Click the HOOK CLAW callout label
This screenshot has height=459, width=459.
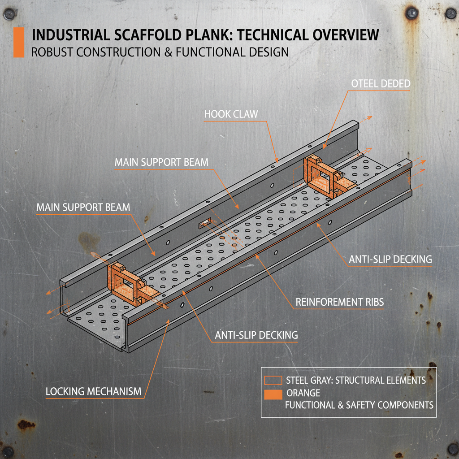tap(231, 114)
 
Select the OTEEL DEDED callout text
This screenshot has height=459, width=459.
tap(381, 84)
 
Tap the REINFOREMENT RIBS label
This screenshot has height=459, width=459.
tap(339, 302)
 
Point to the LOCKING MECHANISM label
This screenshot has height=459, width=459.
tap(93, 392)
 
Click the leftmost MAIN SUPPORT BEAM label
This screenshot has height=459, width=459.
tap(83, 208)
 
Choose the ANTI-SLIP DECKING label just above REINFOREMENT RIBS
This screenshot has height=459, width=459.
tap(390, 259)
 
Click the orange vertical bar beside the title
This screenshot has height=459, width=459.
tap(19, 43)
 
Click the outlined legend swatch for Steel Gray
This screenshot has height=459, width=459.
tap(273, 381)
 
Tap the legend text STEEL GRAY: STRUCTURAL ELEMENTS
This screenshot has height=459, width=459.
tap(355, 381)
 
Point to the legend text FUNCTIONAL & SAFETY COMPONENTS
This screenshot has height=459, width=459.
tap(359, 405)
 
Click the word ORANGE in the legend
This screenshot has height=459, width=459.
tap(303, 393)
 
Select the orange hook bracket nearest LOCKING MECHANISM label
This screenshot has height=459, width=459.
tap(126, 281)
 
